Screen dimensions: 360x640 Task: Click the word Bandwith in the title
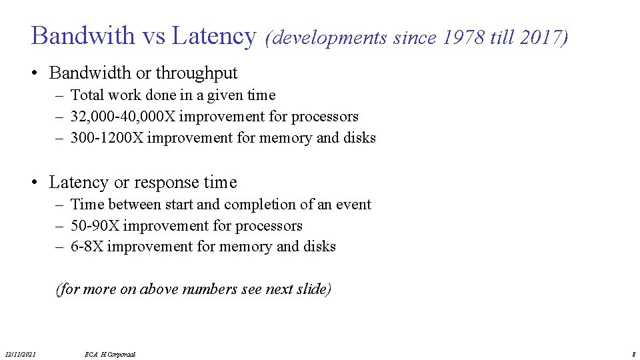coord(83,35)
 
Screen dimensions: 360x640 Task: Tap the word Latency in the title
coord(213,35)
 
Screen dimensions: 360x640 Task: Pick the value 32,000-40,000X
coord(123,117)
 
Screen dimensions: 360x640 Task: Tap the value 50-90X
coord(95,226)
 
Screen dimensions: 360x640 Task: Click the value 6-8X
coord(87,247)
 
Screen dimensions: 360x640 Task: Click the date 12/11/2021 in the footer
coord(20,354)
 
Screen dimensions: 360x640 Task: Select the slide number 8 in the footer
coord(633,354)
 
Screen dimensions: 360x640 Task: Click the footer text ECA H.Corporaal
coord(111,354)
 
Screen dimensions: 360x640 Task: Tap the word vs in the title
coord(153,35)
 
